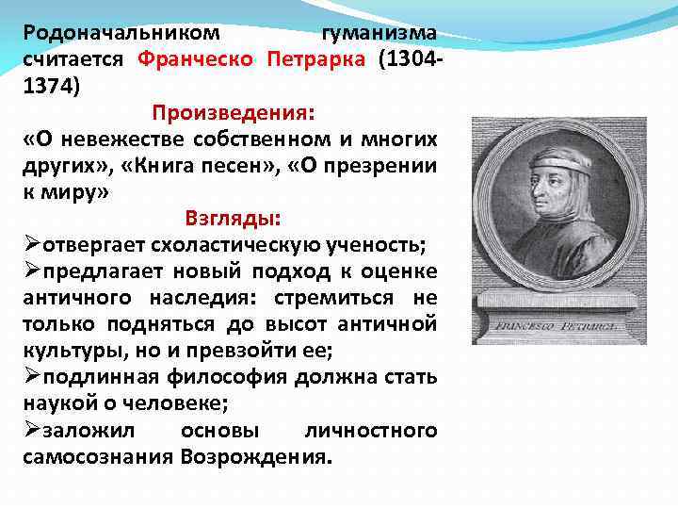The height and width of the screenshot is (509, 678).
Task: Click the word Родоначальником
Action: click(121, 34)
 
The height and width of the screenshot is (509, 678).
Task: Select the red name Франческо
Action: click(196, 60)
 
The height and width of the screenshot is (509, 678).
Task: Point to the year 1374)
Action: click(53, 87)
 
